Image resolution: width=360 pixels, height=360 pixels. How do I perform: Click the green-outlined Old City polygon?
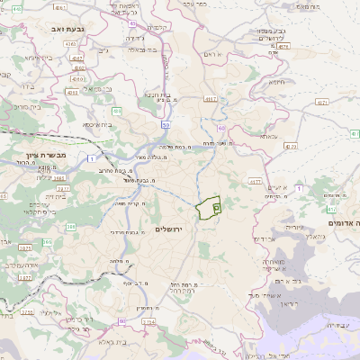point(209,207)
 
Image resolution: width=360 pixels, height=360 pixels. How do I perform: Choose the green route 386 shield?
point(70,228)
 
